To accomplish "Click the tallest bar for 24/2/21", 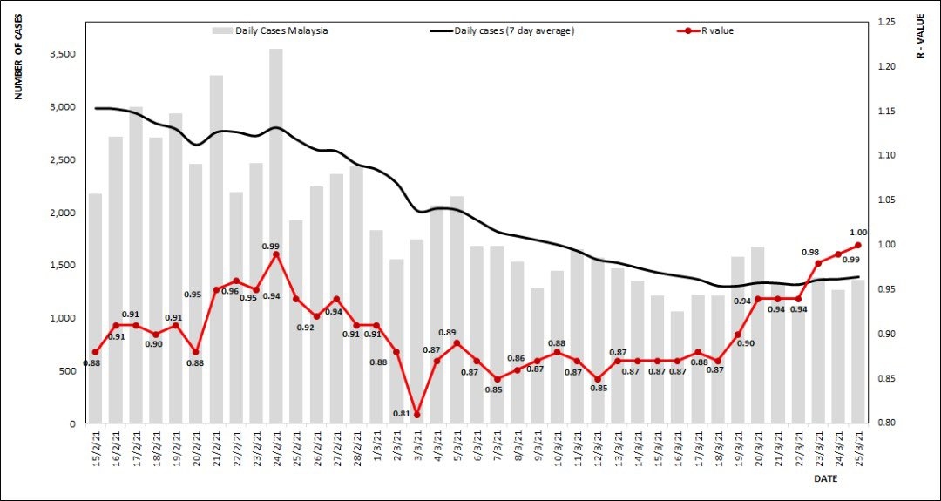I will coord(275,235).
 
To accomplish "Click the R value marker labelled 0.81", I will coord(416,415).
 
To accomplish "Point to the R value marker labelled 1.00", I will coord(858,246).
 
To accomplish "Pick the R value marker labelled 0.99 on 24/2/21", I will coord(276,254).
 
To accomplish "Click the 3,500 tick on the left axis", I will coord(61,54).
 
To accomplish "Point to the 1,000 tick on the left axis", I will coord(61,318).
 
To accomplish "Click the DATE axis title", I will coord(826,479).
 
